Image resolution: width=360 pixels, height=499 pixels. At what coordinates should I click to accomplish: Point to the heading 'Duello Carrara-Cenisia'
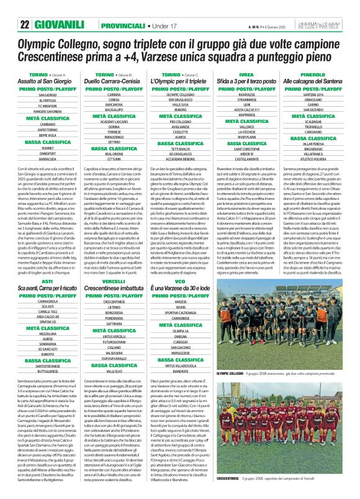114,81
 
